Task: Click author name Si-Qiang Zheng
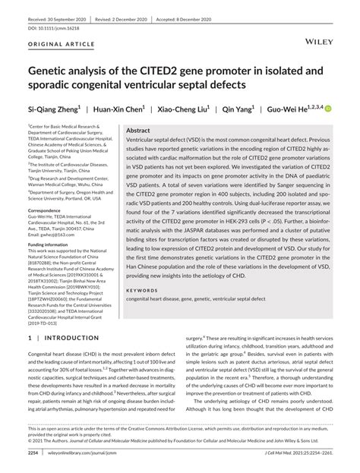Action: (x=58, y=109)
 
